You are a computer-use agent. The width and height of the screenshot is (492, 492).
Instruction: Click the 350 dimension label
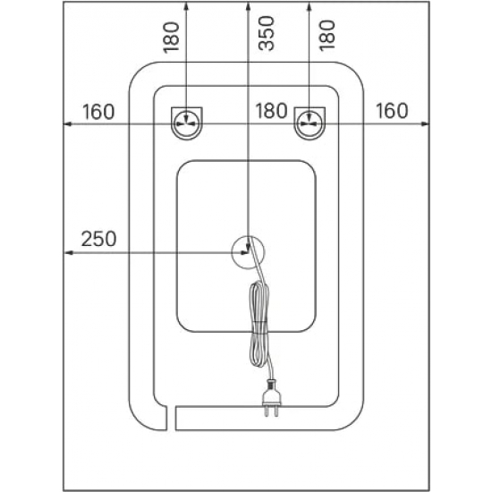[266, 33]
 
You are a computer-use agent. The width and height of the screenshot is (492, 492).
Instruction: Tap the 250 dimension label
[98, 239]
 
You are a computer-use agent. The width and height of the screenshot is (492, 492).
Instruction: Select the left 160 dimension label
[98, 112]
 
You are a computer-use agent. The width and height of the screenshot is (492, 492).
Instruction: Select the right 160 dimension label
[392, 110]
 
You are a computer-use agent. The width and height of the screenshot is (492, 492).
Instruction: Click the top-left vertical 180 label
[171, 37]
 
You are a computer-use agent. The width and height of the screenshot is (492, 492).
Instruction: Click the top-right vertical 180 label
[327, 35]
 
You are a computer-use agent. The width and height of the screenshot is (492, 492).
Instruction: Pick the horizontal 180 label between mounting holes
[271, 111]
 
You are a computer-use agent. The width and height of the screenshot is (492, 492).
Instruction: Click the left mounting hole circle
[187, 123]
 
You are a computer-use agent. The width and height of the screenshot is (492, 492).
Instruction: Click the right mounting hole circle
[310, 123]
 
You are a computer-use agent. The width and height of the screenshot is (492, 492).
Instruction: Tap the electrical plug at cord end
[271, 398]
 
